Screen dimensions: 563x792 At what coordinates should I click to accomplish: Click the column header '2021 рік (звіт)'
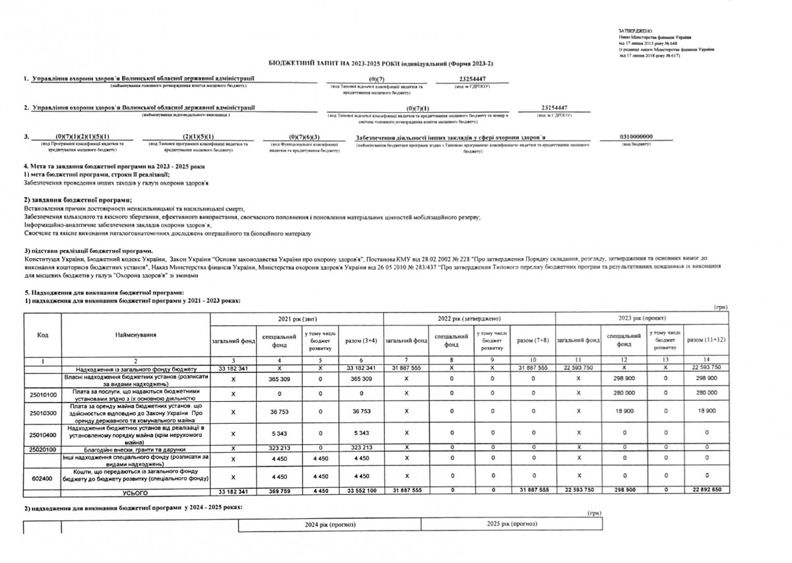point(296,318)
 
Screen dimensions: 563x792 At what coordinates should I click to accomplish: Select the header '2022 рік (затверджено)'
point(469,318)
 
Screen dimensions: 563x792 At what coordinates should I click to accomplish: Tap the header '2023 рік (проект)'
point(641,318)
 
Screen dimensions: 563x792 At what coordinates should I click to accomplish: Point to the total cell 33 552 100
point(360,492)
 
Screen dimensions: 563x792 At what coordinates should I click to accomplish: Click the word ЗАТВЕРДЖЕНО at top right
point(636,31)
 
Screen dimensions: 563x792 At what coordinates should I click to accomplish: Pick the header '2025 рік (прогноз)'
point(511,524)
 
